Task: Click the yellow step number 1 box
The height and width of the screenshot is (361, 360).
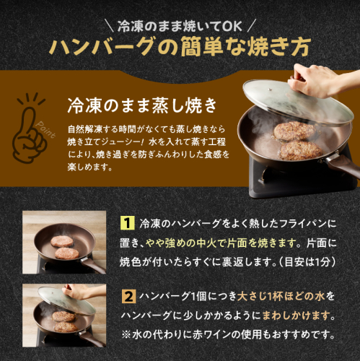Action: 127,223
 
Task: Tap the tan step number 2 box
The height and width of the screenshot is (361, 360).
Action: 129,296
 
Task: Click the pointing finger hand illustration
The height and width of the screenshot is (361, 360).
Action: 29,134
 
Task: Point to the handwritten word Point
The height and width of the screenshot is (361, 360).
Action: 45,130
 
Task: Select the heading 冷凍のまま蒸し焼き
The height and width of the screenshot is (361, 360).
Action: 142,105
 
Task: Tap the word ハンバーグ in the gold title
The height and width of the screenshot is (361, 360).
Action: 101,46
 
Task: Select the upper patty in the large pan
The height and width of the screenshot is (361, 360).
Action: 294,131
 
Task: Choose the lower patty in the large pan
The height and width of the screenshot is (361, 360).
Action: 301,151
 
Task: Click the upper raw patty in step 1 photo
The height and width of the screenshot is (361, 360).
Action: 62,241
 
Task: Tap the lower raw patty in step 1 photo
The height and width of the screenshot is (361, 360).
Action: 67,253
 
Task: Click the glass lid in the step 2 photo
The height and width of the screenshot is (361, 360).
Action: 66,300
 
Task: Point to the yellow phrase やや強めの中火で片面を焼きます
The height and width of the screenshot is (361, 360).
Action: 221,243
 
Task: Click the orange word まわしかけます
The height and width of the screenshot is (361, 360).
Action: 296,316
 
